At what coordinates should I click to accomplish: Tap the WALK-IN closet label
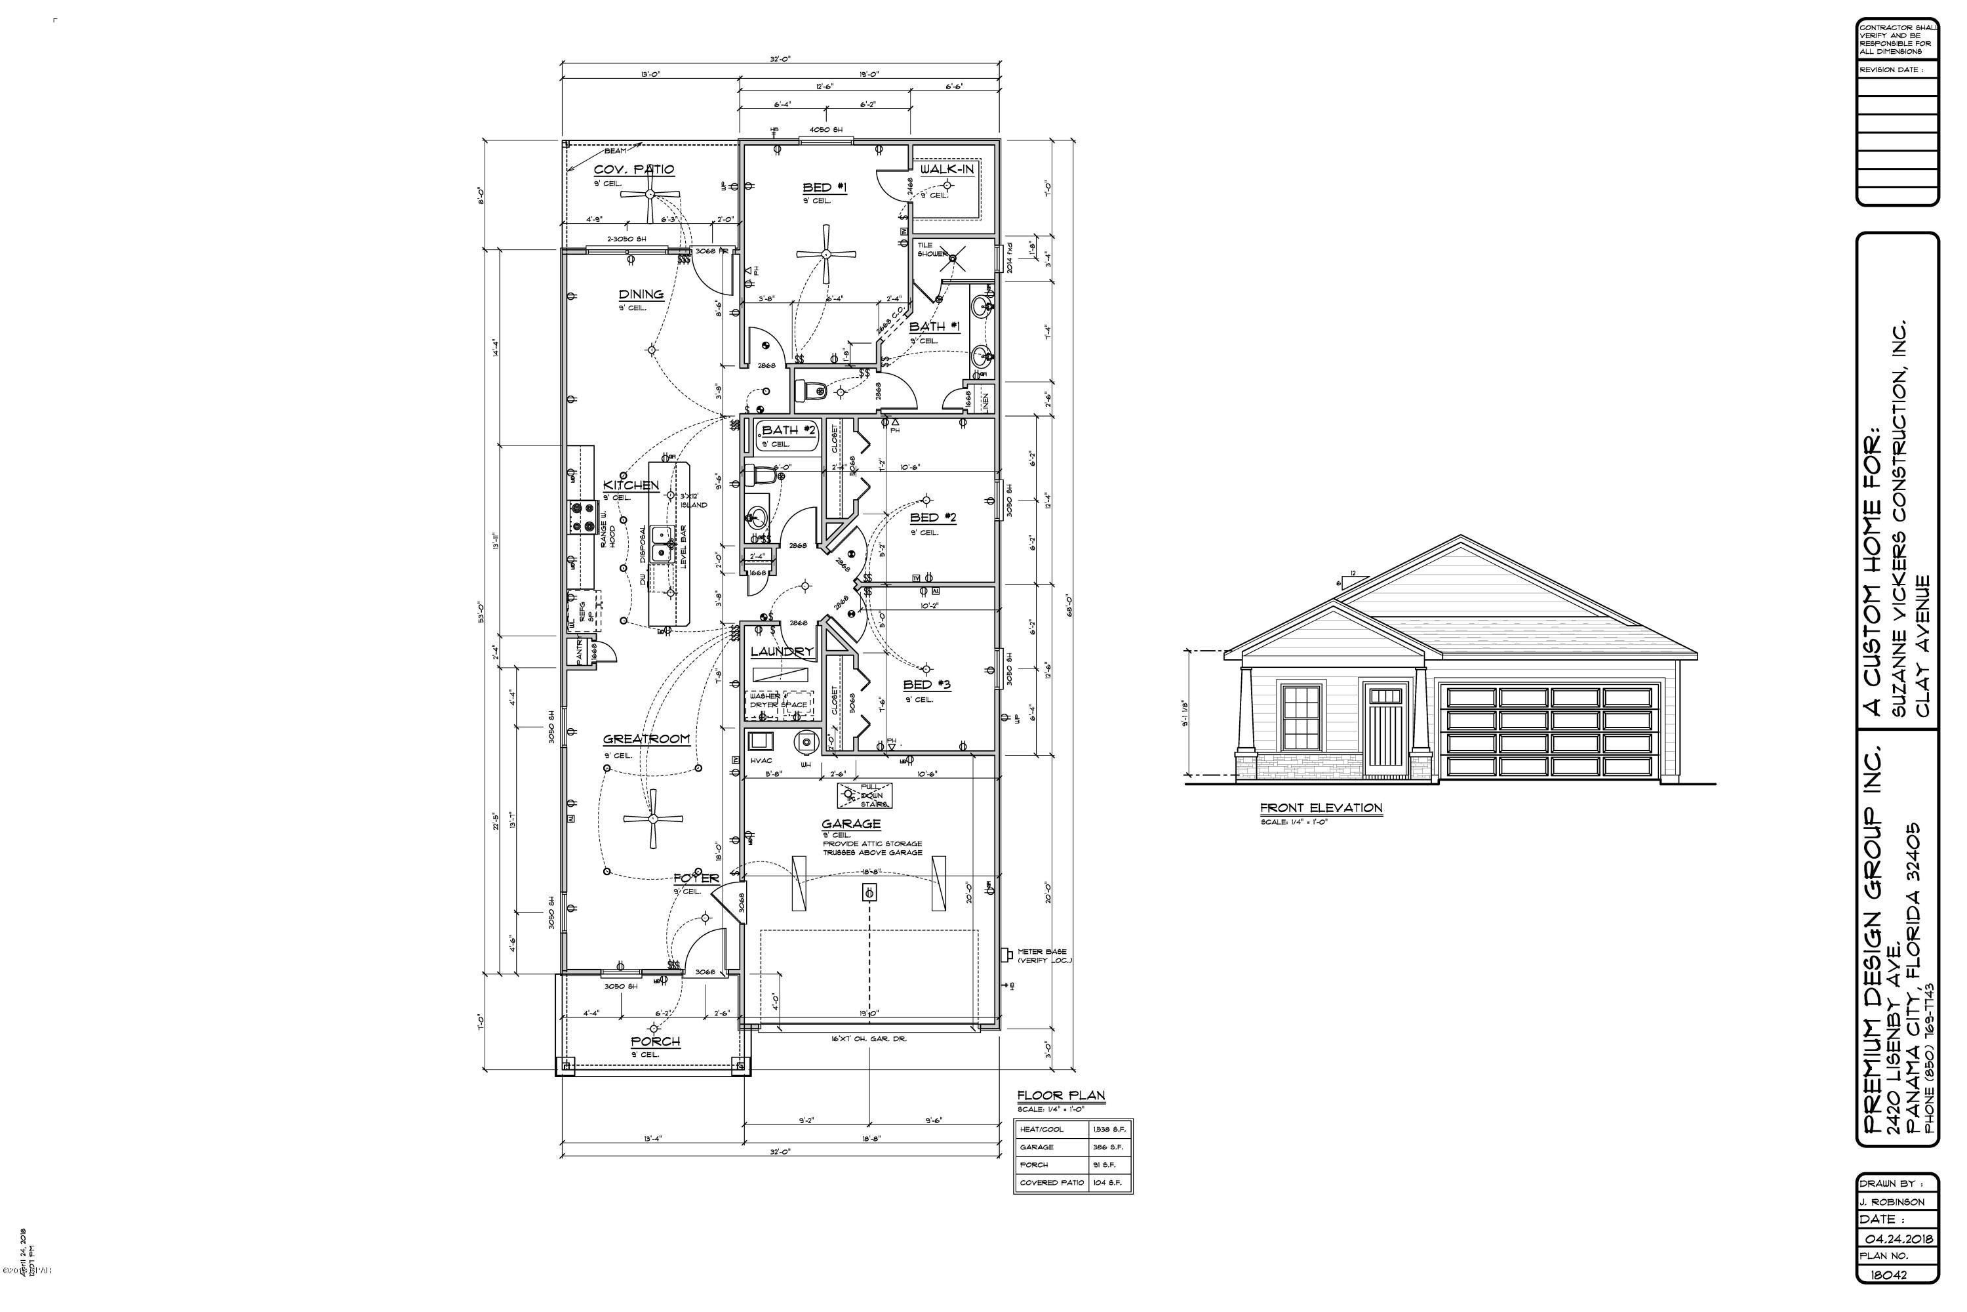(947, 170)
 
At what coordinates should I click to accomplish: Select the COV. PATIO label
(633, 170)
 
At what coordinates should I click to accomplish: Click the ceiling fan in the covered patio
(650, 194)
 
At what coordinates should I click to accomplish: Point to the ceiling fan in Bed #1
(825, 255)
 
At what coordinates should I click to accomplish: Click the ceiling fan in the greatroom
(653, 819)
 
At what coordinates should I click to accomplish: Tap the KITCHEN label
(631, 485)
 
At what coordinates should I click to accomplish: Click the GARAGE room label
(850, 824)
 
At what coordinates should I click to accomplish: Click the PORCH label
(655, 1042)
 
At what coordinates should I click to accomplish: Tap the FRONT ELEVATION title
(1321, 808)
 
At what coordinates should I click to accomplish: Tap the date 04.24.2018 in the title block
(1897, 1239)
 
